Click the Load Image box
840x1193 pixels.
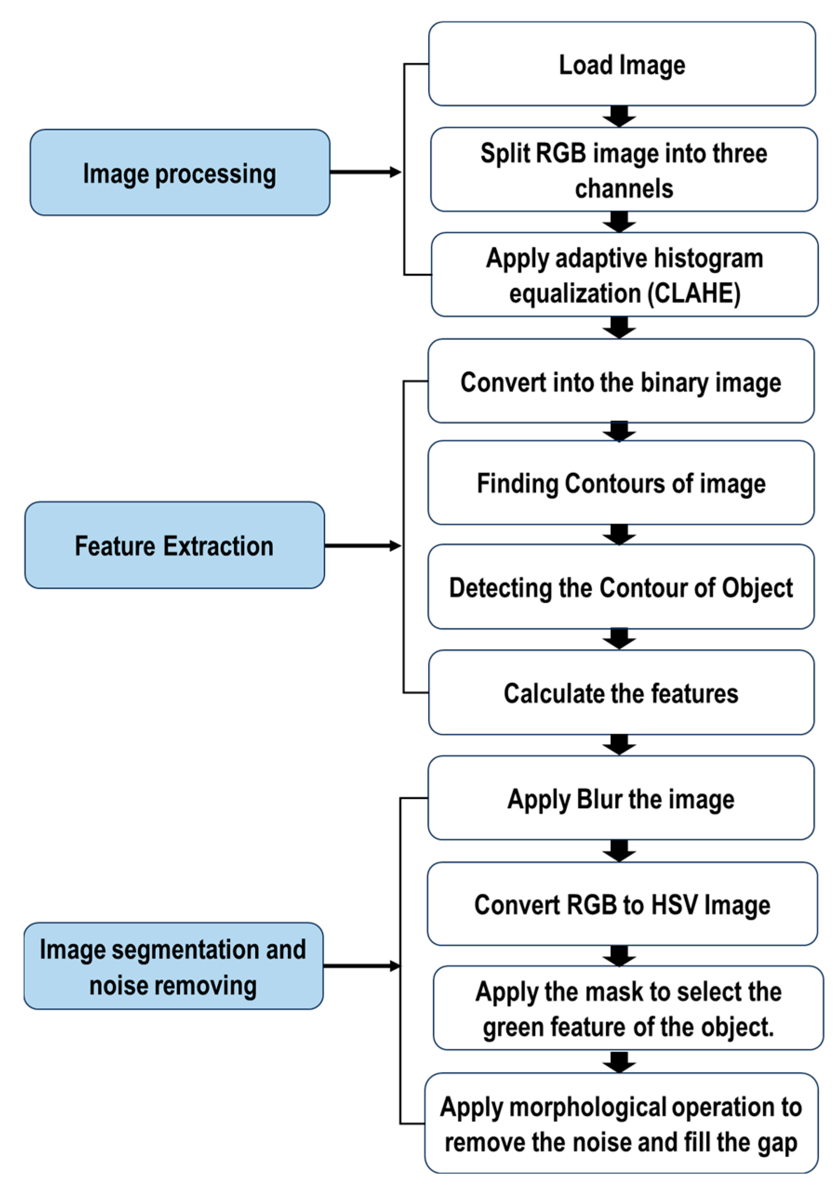pyautogui.click(x=622, y=64)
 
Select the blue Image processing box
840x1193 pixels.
pyautogui.click(x=180, y=172)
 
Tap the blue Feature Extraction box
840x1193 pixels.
pyautogui.click(x=175, y=545)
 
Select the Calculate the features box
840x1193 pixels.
pyautogui.click(x=621, y=692)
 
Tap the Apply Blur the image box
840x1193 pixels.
pyautogui.click(x=621, y=798)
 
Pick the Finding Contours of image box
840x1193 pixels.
pyautogui.click(x=621, y=483)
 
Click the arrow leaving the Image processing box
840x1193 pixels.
pyautogui.click(x=365, y=172)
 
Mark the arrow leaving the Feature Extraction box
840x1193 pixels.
pyautogui.click(x=362, y=546)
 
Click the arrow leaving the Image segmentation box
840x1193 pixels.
pyautogui.click(x=361, y=966)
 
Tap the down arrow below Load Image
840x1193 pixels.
pyautogui.click(x=619, y=116)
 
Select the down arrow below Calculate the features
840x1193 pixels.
pyautogui.click(x=619, y=745)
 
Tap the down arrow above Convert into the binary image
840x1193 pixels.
pyautogui.click(x=619, y=327)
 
